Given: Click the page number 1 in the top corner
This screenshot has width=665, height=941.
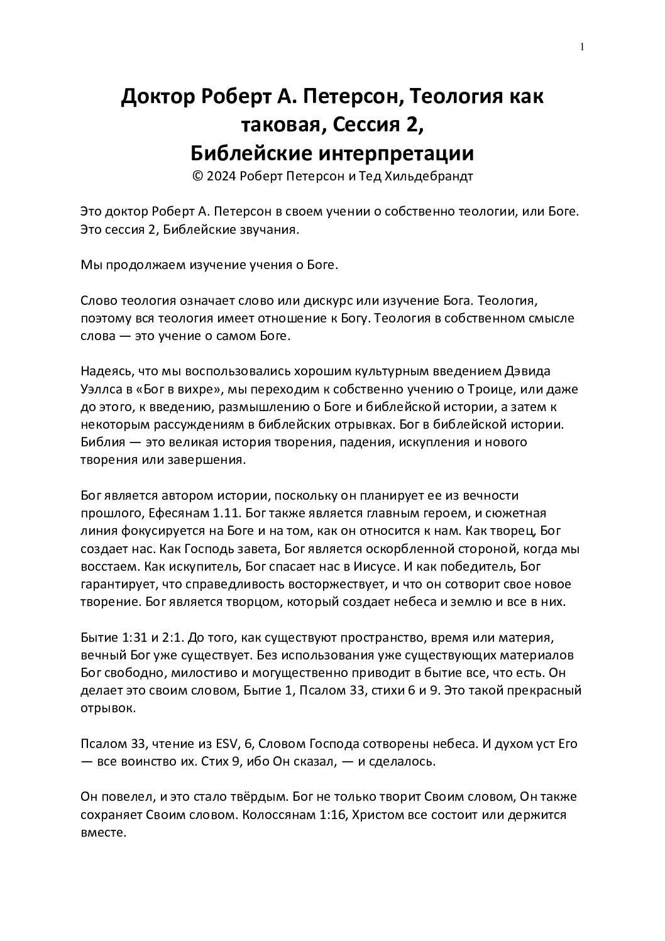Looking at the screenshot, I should click(x=582, y=47).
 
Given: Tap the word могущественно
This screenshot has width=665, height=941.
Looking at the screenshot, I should click(x=283, y=673).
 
